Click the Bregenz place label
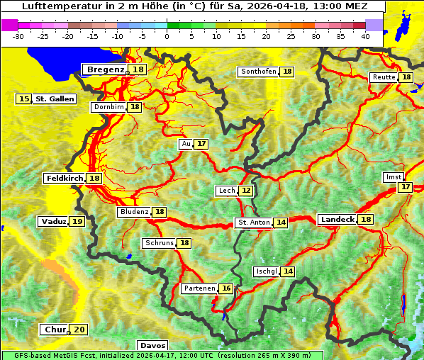[x=106, y=69]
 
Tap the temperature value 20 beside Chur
[x=79, y=330]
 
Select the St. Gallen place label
[x=55, y=99]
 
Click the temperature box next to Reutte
[x=406, y=77]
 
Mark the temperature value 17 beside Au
[x=202, y=144]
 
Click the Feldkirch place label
[x=64, y=178]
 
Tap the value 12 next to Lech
[x=245, y=191]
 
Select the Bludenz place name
[x=134, y=212]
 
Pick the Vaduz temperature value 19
[x=77, y=222]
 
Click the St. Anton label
[x=253, y=223]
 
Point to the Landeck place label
[x=337, y=220]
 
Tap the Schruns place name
[x=159, y=243]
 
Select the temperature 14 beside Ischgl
[x=288, y=271]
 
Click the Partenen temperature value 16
[x=225, y=288]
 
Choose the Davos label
[x=152, y=345]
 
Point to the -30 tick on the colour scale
[x=19, y=36]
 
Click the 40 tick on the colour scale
[x=365, y=36]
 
